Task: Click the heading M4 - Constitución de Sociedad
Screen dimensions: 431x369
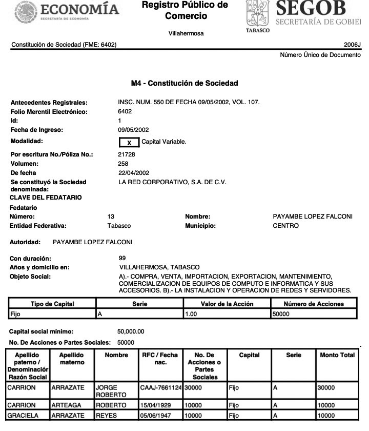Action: pos(184,83)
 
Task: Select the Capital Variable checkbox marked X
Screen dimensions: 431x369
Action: pos(129,141)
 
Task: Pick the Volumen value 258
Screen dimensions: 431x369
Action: pos(123,164)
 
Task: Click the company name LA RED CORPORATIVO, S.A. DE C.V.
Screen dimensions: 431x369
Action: pos(172,182)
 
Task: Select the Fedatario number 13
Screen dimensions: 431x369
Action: pos(111,217)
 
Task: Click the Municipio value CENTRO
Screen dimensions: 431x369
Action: pos(285,226)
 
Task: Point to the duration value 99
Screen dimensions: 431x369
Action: pos(122,258)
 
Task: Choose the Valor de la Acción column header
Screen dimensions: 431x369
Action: pos(227,304)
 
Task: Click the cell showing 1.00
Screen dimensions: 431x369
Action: pos(191,313)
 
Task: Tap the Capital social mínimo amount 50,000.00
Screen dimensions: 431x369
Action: pos(131,331)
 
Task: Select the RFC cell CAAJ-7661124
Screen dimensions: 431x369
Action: pos(161,389)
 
